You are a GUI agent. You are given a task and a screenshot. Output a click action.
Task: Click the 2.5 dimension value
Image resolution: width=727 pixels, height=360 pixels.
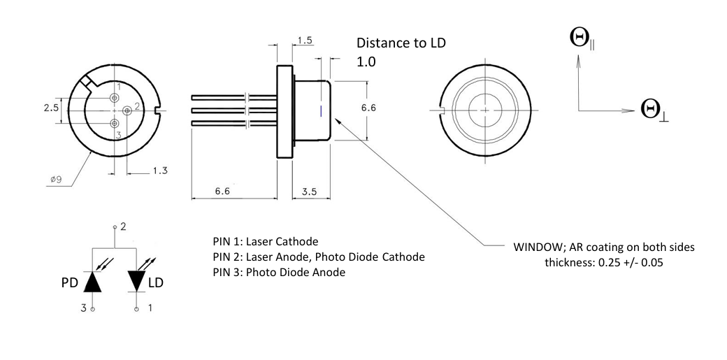(x=50, y=108)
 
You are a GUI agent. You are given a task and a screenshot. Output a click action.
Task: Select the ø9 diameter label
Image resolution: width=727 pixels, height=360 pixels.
(x=56, y=180)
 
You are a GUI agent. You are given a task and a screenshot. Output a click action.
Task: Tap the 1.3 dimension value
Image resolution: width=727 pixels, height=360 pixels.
(x=160, y=171)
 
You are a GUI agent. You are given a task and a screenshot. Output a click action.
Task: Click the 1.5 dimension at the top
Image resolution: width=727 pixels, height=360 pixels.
(x=305, y=41)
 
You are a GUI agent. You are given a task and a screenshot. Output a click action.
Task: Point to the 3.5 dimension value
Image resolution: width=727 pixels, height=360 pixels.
(x=309, y=191)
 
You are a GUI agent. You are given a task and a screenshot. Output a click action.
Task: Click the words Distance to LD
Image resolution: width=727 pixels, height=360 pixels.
(x=401, y=43)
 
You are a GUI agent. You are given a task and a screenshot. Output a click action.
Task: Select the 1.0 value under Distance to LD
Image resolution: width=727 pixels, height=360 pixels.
(x=366, y=62)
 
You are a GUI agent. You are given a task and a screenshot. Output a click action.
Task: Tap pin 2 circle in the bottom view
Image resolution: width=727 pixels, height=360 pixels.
(x=127, y=110)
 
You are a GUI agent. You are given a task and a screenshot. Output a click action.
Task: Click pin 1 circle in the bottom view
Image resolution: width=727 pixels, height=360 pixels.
(x=114, y=98)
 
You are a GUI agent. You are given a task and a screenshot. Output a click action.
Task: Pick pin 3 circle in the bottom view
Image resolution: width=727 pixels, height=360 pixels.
(x=114, y=123)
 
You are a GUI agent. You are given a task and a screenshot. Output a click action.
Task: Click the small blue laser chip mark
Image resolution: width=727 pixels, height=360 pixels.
(x=320, y=111)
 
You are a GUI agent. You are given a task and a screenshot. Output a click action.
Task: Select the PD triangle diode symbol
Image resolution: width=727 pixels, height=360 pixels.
(x=92, y=282)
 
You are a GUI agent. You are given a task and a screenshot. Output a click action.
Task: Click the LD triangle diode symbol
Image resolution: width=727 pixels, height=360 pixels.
(x=137, y=281)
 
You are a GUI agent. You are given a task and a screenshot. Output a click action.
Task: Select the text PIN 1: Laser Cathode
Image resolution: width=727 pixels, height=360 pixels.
(x=266, y=242)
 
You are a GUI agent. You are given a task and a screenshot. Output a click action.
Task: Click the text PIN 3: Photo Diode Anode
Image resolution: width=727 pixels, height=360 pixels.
(x=279, y=273)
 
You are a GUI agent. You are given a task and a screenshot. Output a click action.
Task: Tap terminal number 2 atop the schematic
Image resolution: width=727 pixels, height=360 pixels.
(x=123, y=227)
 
